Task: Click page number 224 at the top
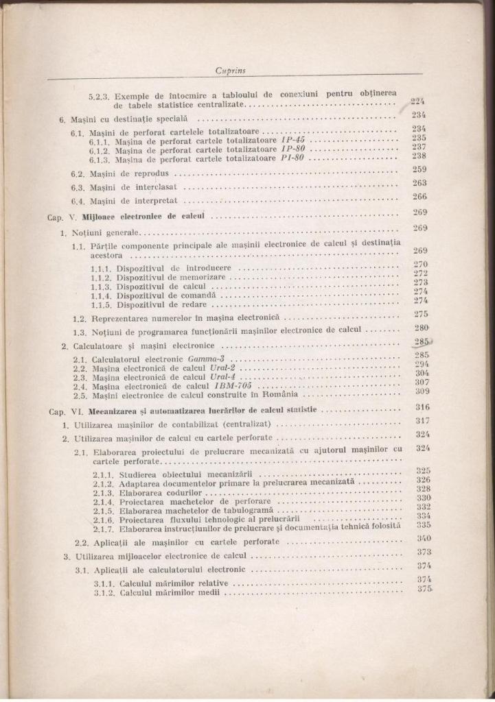(418, 101)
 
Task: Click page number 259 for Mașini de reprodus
(419, 169)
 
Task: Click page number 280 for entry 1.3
(420, 328)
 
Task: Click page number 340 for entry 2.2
(423, 538)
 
